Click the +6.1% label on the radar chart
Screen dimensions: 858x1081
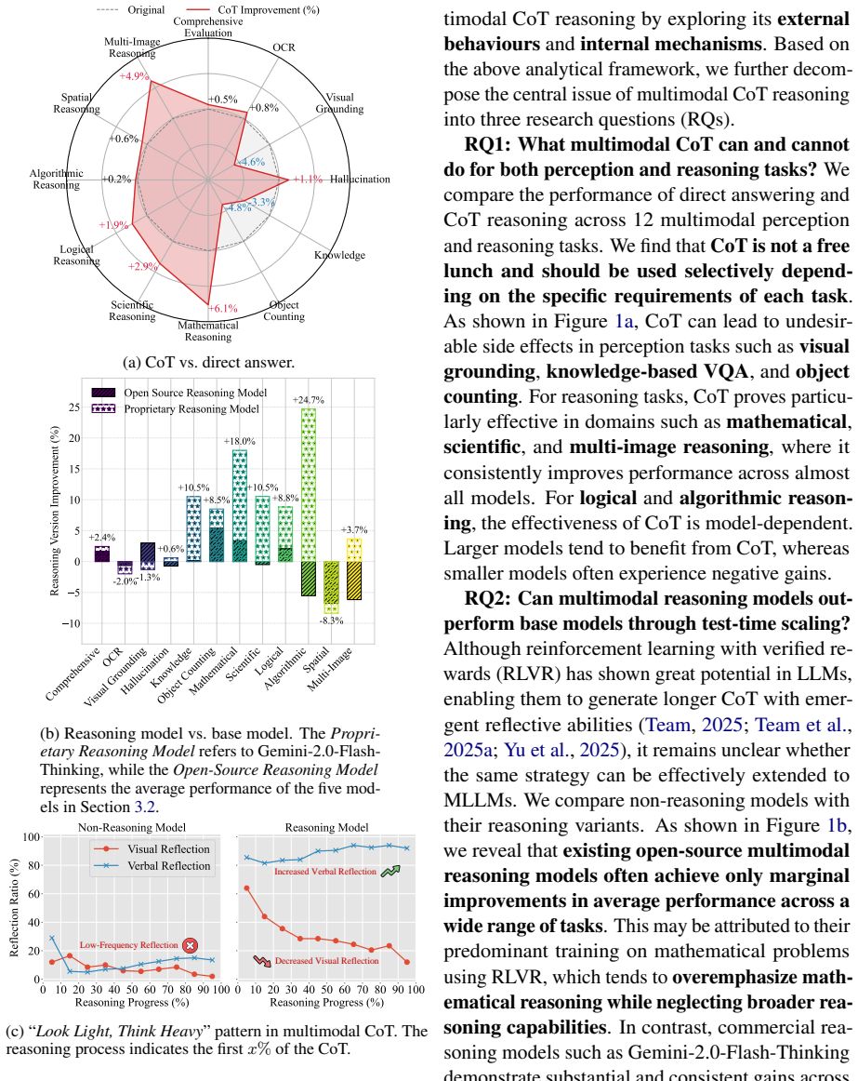222,308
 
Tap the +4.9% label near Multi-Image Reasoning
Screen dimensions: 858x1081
134,76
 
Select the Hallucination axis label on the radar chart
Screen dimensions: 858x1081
360,180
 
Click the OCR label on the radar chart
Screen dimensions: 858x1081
284,47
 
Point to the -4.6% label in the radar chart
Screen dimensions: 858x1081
251,162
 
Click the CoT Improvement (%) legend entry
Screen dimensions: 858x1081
253,9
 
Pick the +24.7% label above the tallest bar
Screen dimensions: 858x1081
308,400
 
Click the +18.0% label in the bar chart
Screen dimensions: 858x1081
239,441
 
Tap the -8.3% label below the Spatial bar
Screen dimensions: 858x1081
332,621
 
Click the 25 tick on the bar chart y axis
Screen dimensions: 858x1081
73,407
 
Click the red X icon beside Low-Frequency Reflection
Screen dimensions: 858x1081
191,946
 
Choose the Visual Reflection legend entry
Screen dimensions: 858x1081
151,849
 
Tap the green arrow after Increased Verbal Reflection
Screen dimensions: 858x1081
390,872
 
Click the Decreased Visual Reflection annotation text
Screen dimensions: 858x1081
326,960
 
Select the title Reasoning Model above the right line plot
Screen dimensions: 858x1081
326,827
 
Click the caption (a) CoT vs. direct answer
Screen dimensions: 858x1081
208,362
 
